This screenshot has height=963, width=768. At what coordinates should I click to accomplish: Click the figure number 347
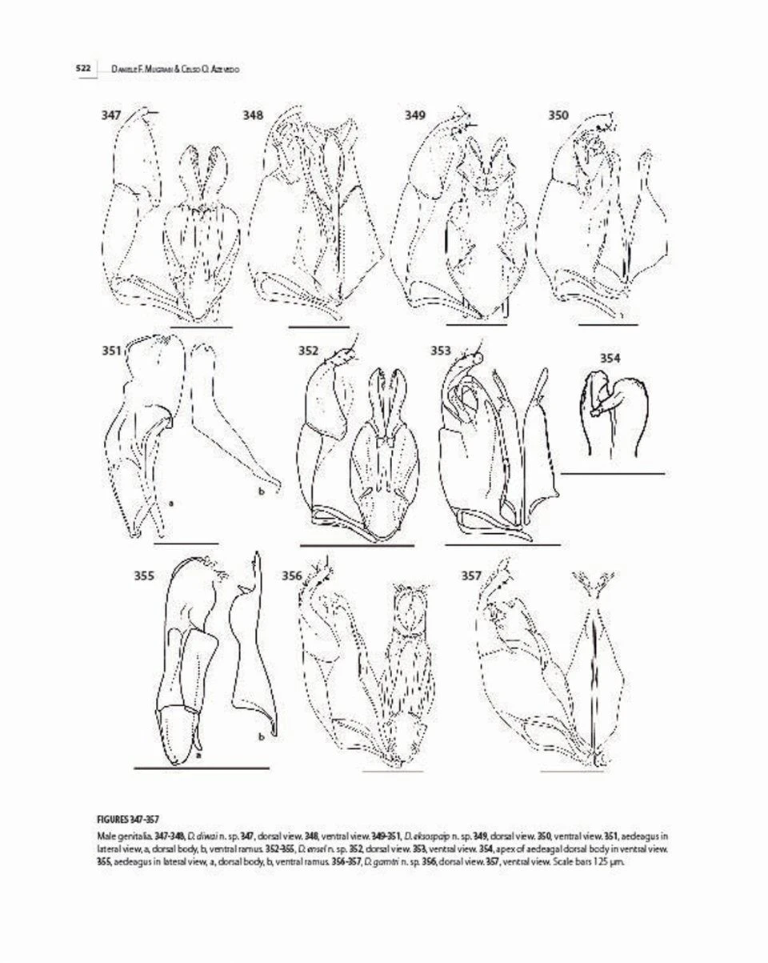[111, 116]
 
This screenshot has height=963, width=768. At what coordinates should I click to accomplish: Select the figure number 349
[414, 116]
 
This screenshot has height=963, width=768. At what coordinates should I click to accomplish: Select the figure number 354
[610, 358]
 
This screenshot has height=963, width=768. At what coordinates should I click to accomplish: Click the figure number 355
[144, 574]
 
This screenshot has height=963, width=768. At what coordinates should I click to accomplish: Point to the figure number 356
[292, 574]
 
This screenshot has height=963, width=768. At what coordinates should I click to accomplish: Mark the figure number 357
[472, 574]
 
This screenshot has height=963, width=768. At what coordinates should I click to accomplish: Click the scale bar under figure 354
[613, 473]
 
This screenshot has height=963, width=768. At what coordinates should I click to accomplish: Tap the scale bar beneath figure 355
[201, 767]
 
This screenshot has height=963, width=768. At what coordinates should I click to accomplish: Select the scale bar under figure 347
[201, 327]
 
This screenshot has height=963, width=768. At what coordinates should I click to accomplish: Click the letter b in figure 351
[261, 492]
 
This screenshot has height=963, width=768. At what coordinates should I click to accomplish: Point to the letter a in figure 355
[198, 753]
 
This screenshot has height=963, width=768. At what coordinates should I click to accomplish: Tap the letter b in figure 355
[261, 736]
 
